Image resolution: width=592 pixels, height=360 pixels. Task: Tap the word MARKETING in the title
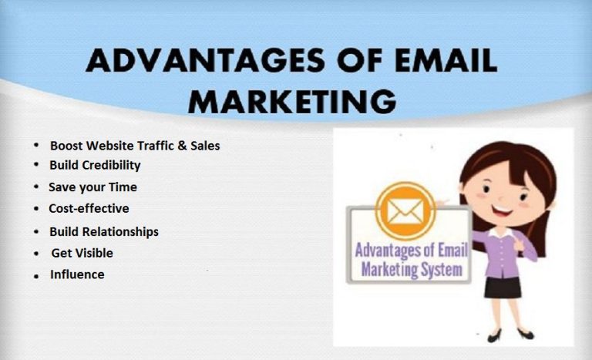click(x=293, y=100)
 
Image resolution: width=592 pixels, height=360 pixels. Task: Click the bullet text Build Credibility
click(x=95, y=165)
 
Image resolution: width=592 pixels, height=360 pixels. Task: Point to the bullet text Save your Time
click(x=92, y=187)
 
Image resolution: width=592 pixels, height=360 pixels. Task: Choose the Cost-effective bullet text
click(x=89, y=208)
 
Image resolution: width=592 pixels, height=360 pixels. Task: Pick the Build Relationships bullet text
click(x=104, y=231)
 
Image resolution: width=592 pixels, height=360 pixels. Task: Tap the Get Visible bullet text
click(x=82, y=253)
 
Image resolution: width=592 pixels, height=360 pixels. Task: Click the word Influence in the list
click(x=77, y=274)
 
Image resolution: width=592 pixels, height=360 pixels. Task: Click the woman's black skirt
click(x=503, y=286)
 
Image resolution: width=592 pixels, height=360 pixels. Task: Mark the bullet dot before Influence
click(x=36, y=276)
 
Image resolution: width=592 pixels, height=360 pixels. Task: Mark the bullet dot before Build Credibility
click(x=36, y=166)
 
